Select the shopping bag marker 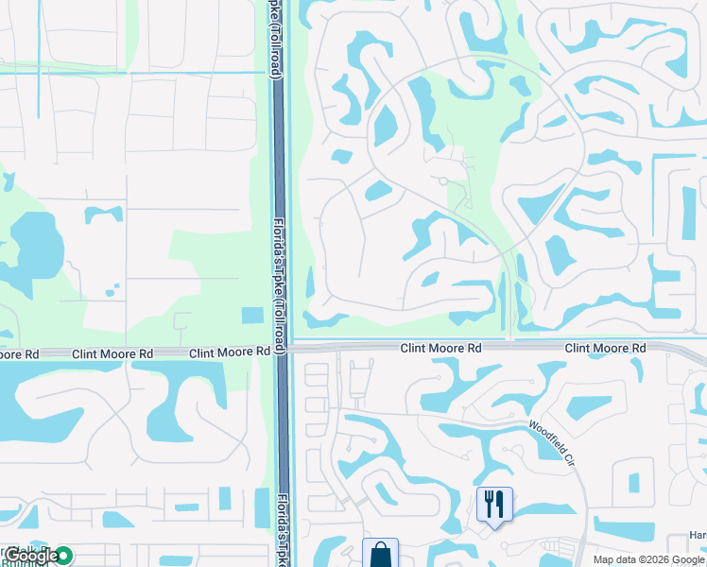click(x=380, y=553)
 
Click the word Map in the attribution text click(x=605, y=559)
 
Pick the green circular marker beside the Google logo click(x=63, y=556)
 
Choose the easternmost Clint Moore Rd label click(x=605, y=349)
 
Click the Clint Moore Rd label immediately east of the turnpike click(x=440, y=349)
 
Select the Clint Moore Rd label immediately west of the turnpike click(x=230, y=352)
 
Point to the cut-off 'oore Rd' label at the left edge click(x=19, y=354)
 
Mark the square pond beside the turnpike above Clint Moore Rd click(x=252, y=316)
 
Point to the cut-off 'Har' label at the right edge click(x=698, y=535)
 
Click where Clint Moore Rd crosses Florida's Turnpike click(x=281, y=350)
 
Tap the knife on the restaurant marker click(x=499, y=504)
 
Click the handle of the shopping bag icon click(x=380, y=547)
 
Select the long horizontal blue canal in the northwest click(x=132, y=72)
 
